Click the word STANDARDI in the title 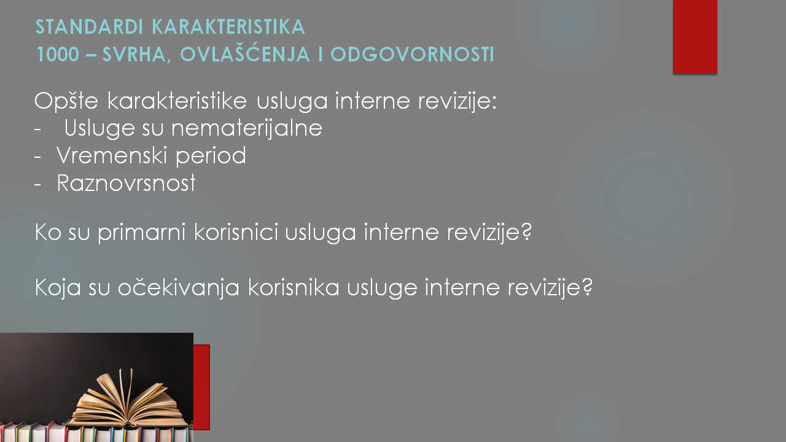(90, 27)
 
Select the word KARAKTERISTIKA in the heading (228, 27)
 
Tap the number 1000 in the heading (58, 55)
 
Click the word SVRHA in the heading (134, 55)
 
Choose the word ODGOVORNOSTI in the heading (412, 55)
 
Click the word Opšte (66, 102)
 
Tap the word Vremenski (112, 155)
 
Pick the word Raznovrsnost (126, 183)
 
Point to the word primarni (141, 233)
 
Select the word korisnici (236, 232)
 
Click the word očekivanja (179, 289)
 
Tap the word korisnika (294, 287)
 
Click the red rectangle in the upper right (695, 37)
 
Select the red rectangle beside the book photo (201, 387)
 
